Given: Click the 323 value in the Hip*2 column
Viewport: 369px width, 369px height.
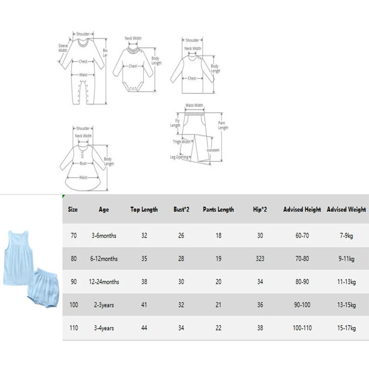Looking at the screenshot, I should pyautogui.click(x=260, y=259).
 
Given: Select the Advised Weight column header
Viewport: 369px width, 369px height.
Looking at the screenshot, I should pyautogui.click(x=346, y=209).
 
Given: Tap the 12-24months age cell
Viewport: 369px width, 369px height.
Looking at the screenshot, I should pyautogui.click(x=104, y=282).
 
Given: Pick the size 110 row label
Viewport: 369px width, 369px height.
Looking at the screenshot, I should pyautogui.click(x=74, y=328).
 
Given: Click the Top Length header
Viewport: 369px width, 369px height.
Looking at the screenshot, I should pyautogui.click(x=144, y=209).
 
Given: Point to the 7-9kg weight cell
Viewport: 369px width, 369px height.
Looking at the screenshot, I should pyautogui.click(x=346, y=236).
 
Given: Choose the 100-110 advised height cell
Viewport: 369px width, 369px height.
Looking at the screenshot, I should pyautogui.click(x=303, y=328).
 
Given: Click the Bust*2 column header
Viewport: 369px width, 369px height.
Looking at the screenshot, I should pyautogui.click(x=181, y=209).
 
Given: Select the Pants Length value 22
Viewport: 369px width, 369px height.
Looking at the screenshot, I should pyautogui.click(x=218, y=328).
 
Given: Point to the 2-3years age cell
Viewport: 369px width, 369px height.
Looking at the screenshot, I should pyautogui.click(x=104, y=305).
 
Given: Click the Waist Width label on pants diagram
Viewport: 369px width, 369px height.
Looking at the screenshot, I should pyautogui.click(x=194, y=105).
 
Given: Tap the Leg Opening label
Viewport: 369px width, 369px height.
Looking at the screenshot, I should pyautogui.click(x=179, y=157).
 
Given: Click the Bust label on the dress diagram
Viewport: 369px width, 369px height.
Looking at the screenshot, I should pyautogui.click(x=83, y=163).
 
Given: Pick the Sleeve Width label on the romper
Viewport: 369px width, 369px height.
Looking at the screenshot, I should pyautogui.click(x=63, y=48).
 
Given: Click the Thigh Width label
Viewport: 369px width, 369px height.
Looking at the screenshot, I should pyautogui.click(x=182, y=142).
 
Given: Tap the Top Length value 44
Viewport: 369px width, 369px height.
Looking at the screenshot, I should pyautogui.click(x=144, y=328).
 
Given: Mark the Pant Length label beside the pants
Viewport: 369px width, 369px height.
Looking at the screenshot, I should pyautogui.click(x=223, y=125).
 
